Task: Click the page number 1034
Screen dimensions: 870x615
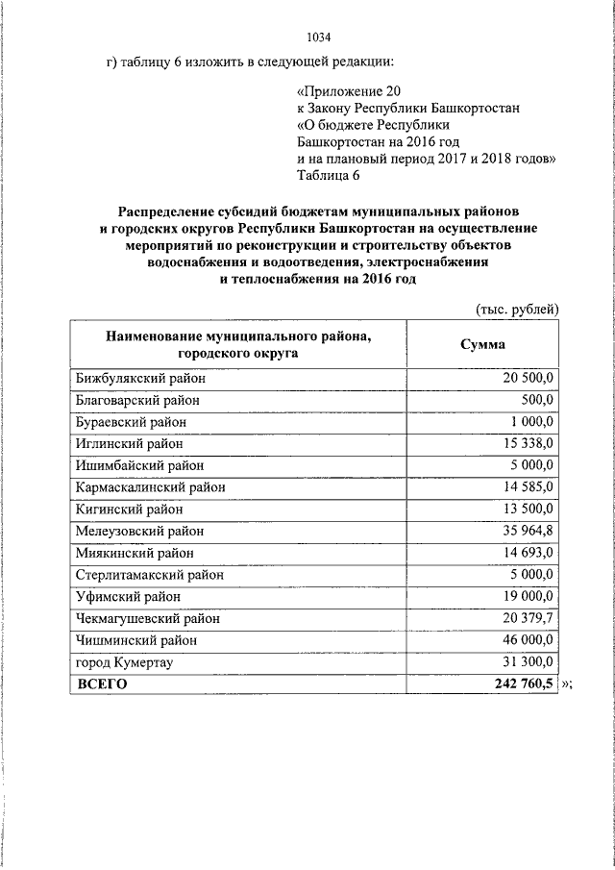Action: click(318, 37)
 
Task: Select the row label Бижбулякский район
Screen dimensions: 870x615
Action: click(139, 379)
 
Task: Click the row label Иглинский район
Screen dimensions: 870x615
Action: click(127, 444)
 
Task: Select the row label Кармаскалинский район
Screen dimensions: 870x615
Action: click(150, 487)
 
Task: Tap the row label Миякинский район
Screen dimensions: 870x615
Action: click(134, 553)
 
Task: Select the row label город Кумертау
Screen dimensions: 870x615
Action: click(124, 661)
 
